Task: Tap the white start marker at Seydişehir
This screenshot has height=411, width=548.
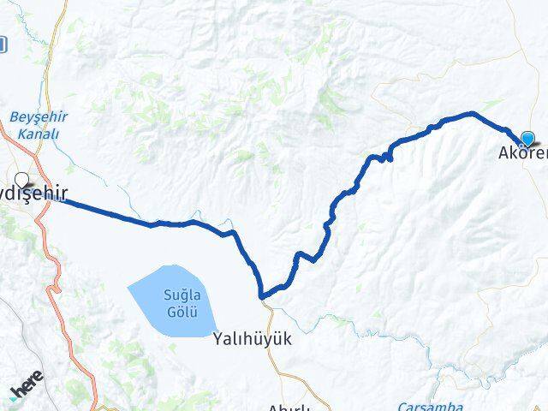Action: (21, 181)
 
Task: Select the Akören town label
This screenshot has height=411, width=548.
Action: (522, 155)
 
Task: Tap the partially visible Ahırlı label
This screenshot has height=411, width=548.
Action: (288, 407)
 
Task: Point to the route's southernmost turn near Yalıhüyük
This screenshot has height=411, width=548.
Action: (263, 296)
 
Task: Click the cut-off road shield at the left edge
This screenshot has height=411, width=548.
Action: (3, 43)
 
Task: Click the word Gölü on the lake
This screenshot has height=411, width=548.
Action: (181, 308)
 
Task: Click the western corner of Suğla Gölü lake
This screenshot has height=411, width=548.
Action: (128, 289)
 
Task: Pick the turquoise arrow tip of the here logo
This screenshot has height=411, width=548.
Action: (13, 397)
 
